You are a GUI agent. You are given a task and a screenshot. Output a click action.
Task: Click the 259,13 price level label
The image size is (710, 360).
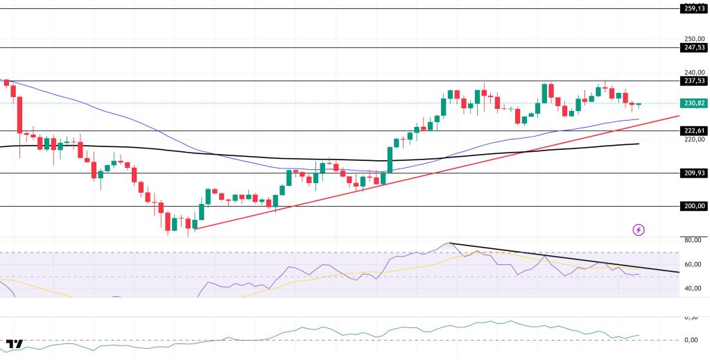pos(694,9)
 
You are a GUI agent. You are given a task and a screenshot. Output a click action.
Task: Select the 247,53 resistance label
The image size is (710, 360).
pos(694,48)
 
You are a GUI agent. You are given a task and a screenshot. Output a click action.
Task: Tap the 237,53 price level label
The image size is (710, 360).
pos(694,81)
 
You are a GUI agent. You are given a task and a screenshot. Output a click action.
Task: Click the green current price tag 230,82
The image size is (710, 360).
pos(694,103)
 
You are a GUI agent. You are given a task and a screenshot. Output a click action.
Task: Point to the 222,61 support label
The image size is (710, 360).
pos(694,131)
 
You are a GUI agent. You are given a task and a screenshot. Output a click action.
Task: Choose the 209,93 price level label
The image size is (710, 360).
pos(694,173)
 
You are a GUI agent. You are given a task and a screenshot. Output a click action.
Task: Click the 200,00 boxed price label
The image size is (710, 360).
pos(694,206)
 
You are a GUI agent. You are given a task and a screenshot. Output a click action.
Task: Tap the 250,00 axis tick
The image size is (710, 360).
pos(693,40)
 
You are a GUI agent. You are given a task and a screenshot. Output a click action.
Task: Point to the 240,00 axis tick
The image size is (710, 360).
pos(693,72)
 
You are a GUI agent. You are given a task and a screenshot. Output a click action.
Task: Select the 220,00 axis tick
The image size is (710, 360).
pos(693,139)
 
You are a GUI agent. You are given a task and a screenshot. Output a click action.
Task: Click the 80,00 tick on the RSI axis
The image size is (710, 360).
pos(693,240)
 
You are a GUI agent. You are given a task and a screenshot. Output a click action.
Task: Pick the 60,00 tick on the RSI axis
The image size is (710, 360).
pos(693,264)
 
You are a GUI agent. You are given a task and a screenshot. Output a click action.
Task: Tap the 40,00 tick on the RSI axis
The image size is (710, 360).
pos(693,289)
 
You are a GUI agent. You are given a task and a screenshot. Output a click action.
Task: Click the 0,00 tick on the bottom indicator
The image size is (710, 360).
pos(691,340)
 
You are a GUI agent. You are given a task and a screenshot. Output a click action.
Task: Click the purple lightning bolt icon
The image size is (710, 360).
pos(639,230)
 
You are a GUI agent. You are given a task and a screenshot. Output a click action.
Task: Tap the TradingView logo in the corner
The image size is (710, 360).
pos(15,344)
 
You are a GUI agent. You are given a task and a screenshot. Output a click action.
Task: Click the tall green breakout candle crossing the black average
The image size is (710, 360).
pos(389,160)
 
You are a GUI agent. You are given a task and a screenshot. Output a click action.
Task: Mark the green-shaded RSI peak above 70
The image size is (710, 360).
pos(449,246)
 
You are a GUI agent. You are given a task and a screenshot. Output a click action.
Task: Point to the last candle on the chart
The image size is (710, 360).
pos(639,105)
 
